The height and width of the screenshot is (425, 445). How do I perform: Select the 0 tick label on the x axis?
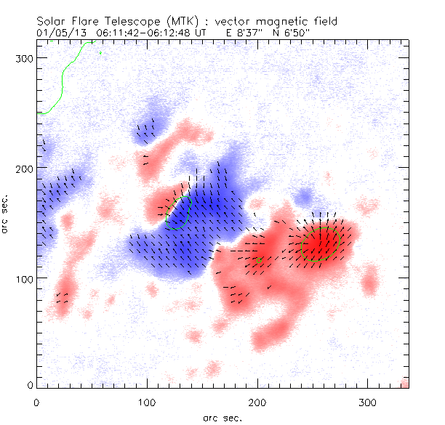click(x=36, y=401)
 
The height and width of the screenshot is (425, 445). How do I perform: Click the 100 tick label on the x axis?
click(x=147, y=401)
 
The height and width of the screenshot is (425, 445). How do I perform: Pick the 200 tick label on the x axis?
click(x=257, y=401)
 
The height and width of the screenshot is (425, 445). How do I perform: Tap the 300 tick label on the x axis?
click(x=369, y=401)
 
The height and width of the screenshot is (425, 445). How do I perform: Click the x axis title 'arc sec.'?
click(x=222, y=418)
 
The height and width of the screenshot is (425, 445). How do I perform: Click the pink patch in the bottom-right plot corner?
click(x=405, y=383)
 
